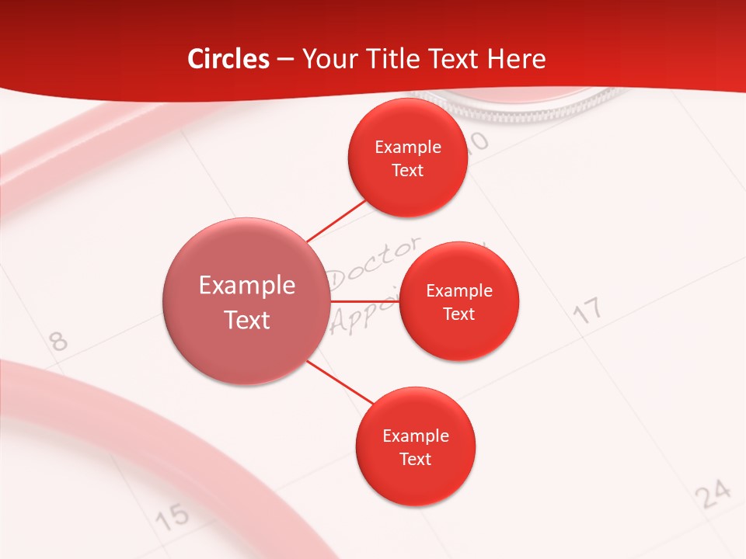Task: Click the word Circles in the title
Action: pos(228,59)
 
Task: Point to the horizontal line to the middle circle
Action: pos(364,300)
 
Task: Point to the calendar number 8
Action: pos(58,341)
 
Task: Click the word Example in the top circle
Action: pos(408,148)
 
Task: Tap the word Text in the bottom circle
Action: pos(415,460)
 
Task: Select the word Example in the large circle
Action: pos(247,286)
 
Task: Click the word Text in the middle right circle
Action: pos(458,314)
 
